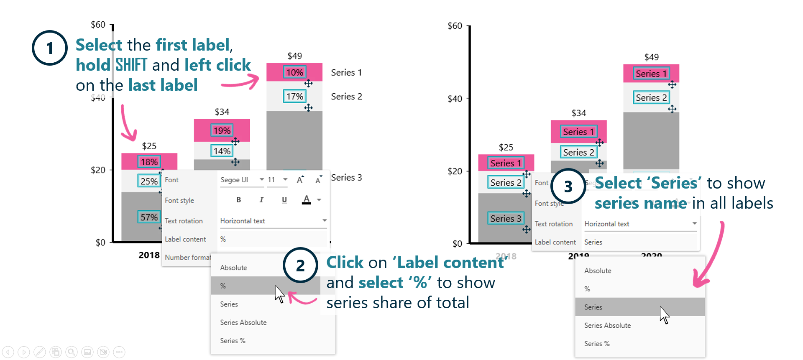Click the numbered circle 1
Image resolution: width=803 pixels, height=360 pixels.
pos(50,48)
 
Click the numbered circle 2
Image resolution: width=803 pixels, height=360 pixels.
pos(300,265)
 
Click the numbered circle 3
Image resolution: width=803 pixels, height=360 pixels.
pos(568,186)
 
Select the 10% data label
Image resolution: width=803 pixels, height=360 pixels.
pos(294,72)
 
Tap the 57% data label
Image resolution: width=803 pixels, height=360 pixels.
pos(149,217)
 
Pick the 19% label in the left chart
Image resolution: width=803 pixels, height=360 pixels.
pos(222,130)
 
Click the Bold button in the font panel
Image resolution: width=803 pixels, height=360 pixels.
pos(238,200)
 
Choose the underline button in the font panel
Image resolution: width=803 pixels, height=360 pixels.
pos(284,200)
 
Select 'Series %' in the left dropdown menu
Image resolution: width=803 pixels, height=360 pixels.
pos(233,341)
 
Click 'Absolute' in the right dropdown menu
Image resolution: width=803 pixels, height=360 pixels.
pos(598,271)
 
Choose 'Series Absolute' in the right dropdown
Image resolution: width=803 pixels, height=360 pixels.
pos(607,325)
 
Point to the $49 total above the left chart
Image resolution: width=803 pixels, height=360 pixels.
pos(294,56)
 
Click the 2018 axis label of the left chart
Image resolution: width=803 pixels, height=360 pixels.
pos(149,255)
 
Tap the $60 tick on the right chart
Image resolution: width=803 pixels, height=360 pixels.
pos(455,26)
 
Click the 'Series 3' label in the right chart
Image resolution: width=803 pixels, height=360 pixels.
pos(505,219)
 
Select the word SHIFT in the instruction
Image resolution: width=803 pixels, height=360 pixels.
pos(131,65)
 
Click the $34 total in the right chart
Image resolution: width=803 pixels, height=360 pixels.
pos(578,113)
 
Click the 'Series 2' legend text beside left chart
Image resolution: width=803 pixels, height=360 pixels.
pos(346,97)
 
